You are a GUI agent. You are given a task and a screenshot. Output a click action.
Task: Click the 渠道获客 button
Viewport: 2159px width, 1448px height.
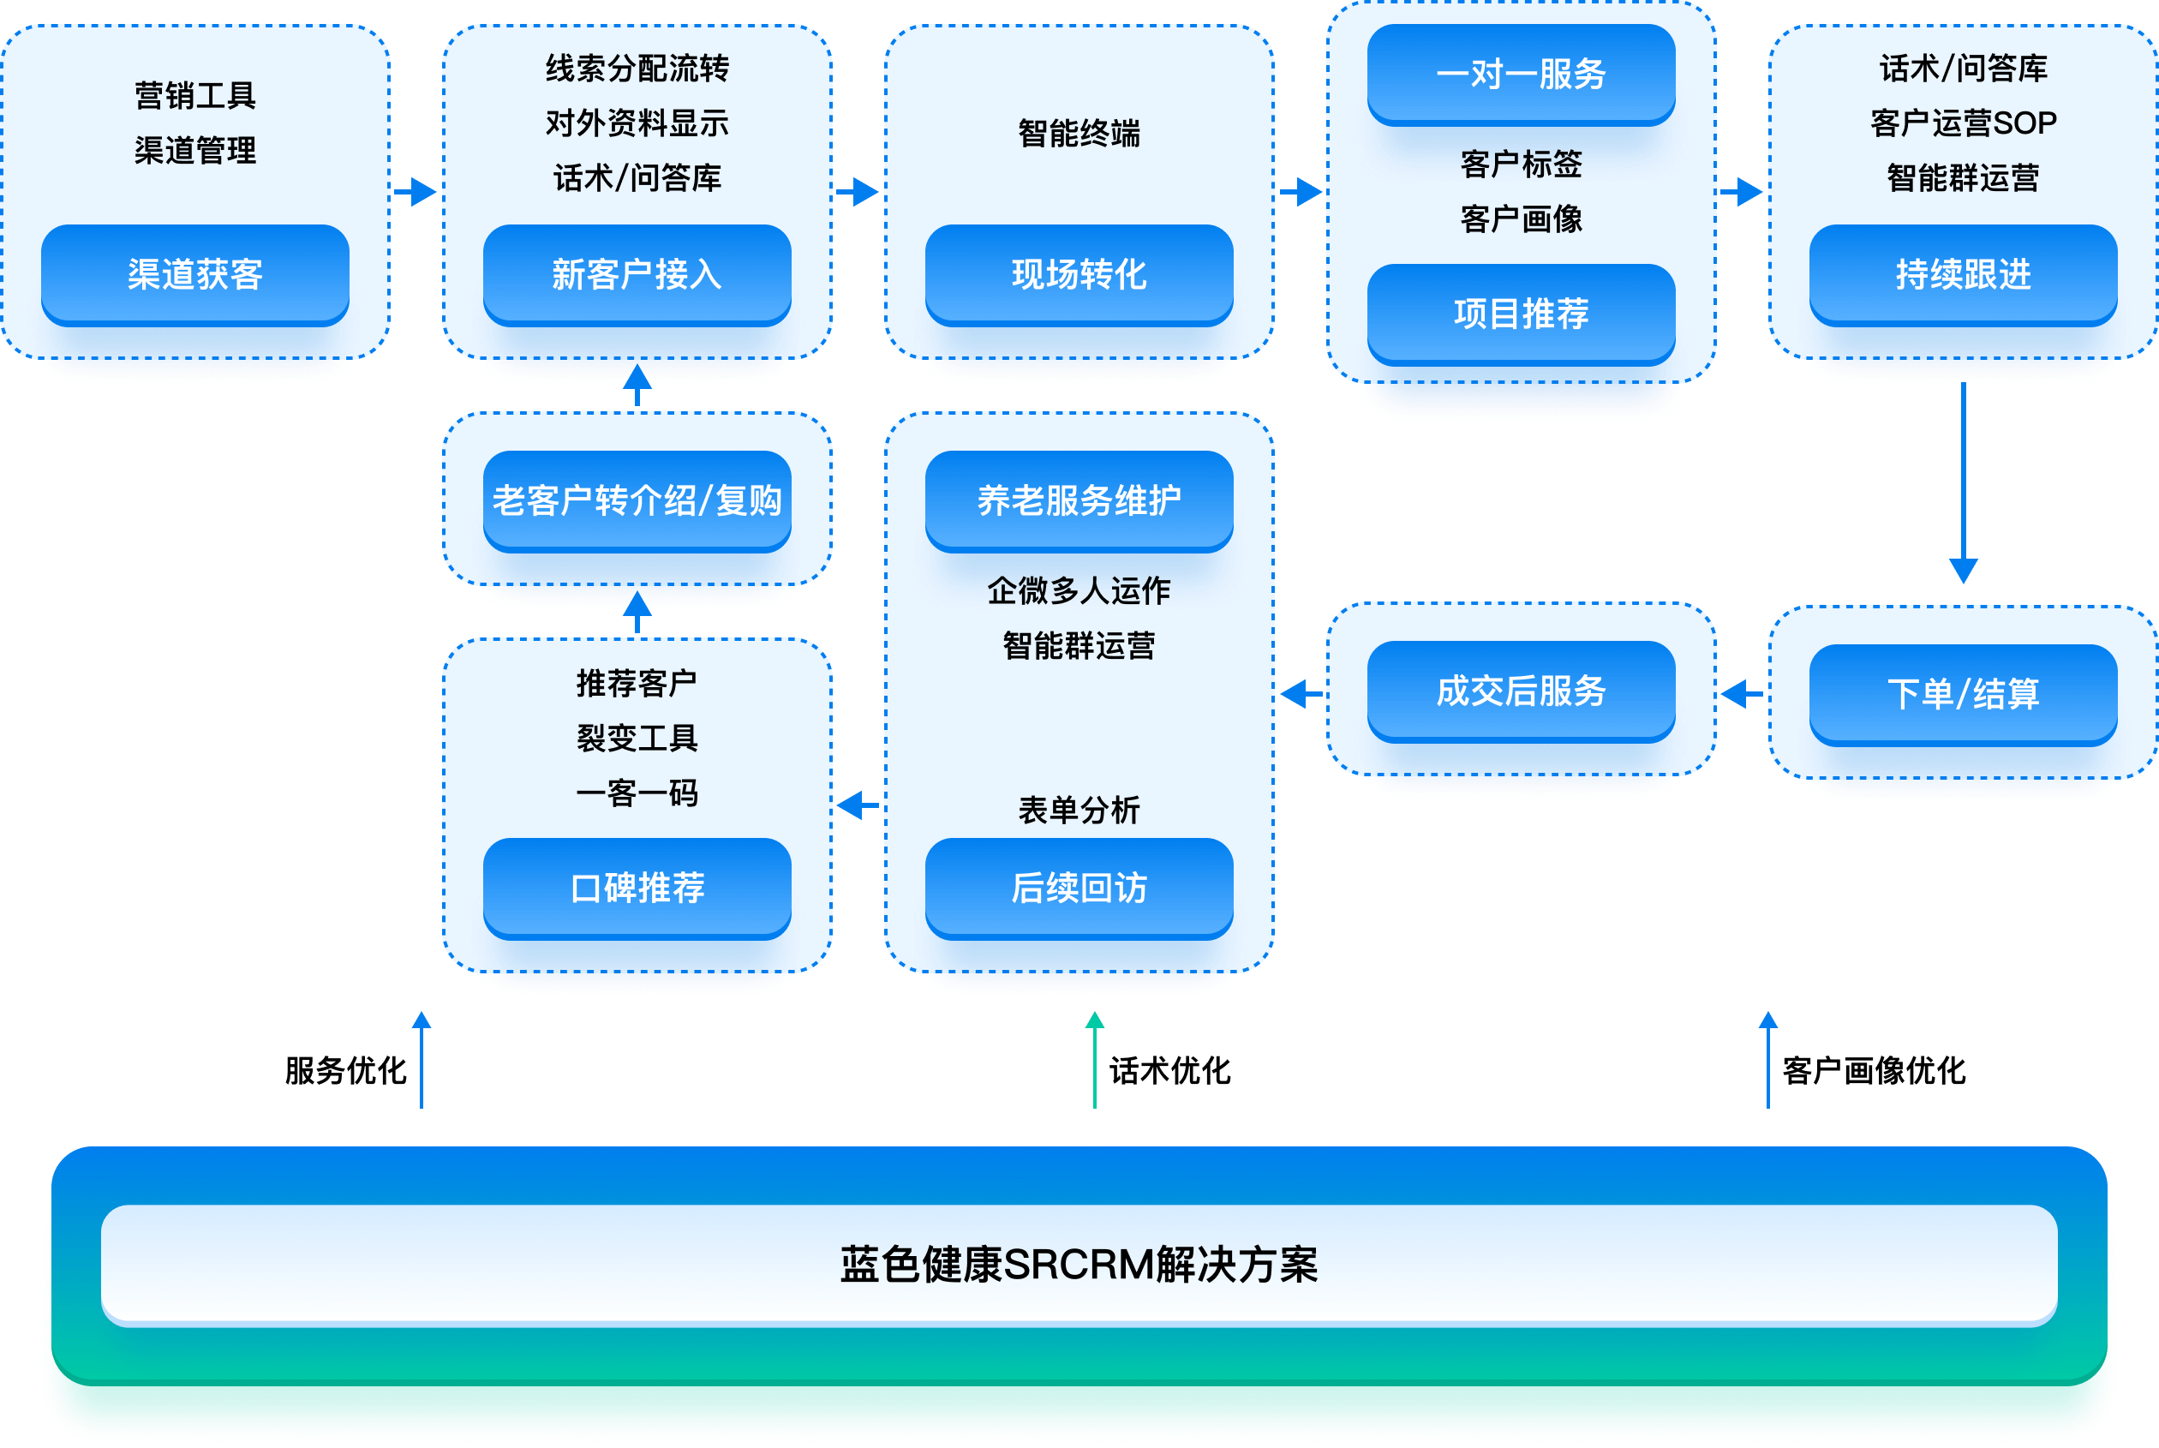pos(194,274)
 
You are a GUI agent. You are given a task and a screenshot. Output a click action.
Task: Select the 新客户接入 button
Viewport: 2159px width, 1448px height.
pos(637,274)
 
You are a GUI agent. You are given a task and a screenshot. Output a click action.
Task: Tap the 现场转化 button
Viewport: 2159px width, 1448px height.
pos(1079,274)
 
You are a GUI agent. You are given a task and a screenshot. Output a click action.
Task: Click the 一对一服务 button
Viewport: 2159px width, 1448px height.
pos(1521,74)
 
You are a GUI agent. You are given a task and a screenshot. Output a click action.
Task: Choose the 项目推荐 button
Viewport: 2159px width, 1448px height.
pos(1521,314)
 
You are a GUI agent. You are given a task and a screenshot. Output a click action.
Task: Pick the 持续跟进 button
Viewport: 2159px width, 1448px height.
pos(1962,274)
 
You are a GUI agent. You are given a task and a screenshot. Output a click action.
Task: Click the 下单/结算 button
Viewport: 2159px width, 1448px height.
pos(1962,693)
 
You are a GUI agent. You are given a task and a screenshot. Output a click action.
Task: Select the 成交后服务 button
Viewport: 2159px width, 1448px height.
pos(1521,691)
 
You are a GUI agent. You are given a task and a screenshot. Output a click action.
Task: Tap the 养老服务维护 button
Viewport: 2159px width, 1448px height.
pos(1079,500)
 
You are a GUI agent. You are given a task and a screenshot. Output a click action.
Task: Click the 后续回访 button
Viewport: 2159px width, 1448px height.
pos(1079,888)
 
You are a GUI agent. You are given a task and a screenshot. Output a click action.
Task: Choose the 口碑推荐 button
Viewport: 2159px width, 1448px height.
pos(637,888)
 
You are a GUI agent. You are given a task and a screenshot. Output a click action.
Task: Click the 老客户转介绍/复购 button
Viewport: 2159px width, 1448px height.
pos(637,500)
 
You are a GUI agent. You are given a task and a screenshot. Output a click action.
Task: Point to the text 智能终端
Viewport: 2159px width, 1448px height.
pos(1079,134)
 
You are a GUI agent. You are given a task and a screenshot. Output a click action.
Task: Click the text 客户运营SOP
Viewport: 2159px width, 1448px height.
pos(1962,123)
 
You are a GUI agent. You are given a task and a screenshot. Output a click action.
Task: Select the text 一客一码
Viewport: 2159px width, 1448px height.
pos(637,793)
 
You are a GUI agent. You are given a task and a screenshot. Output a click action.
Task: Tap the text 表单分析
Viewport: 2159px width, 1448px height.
pos(1079,810)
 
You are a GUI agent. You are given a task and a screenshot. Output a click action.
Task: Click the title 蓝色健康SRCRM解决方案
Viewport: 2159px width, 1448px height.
pos(1079,1265)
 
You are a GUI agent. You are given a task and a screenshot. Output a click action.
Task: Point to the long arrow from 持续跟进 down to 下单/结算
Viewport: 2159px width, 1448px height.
pos(1962,480)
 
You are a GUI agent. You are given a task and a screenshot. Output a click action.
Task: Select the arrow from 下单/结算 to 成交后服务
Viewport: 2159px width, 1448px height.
pos(1742,693)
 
